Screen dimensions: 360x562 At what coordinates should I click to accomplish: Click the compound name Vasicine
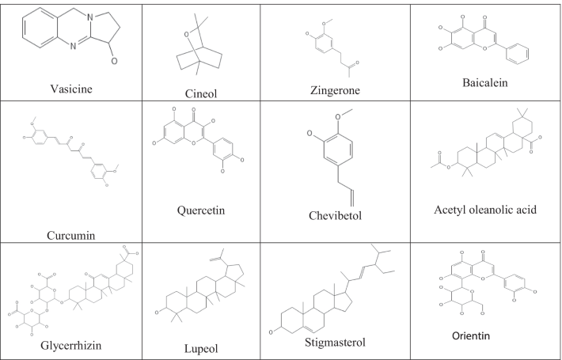[70, 89]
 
